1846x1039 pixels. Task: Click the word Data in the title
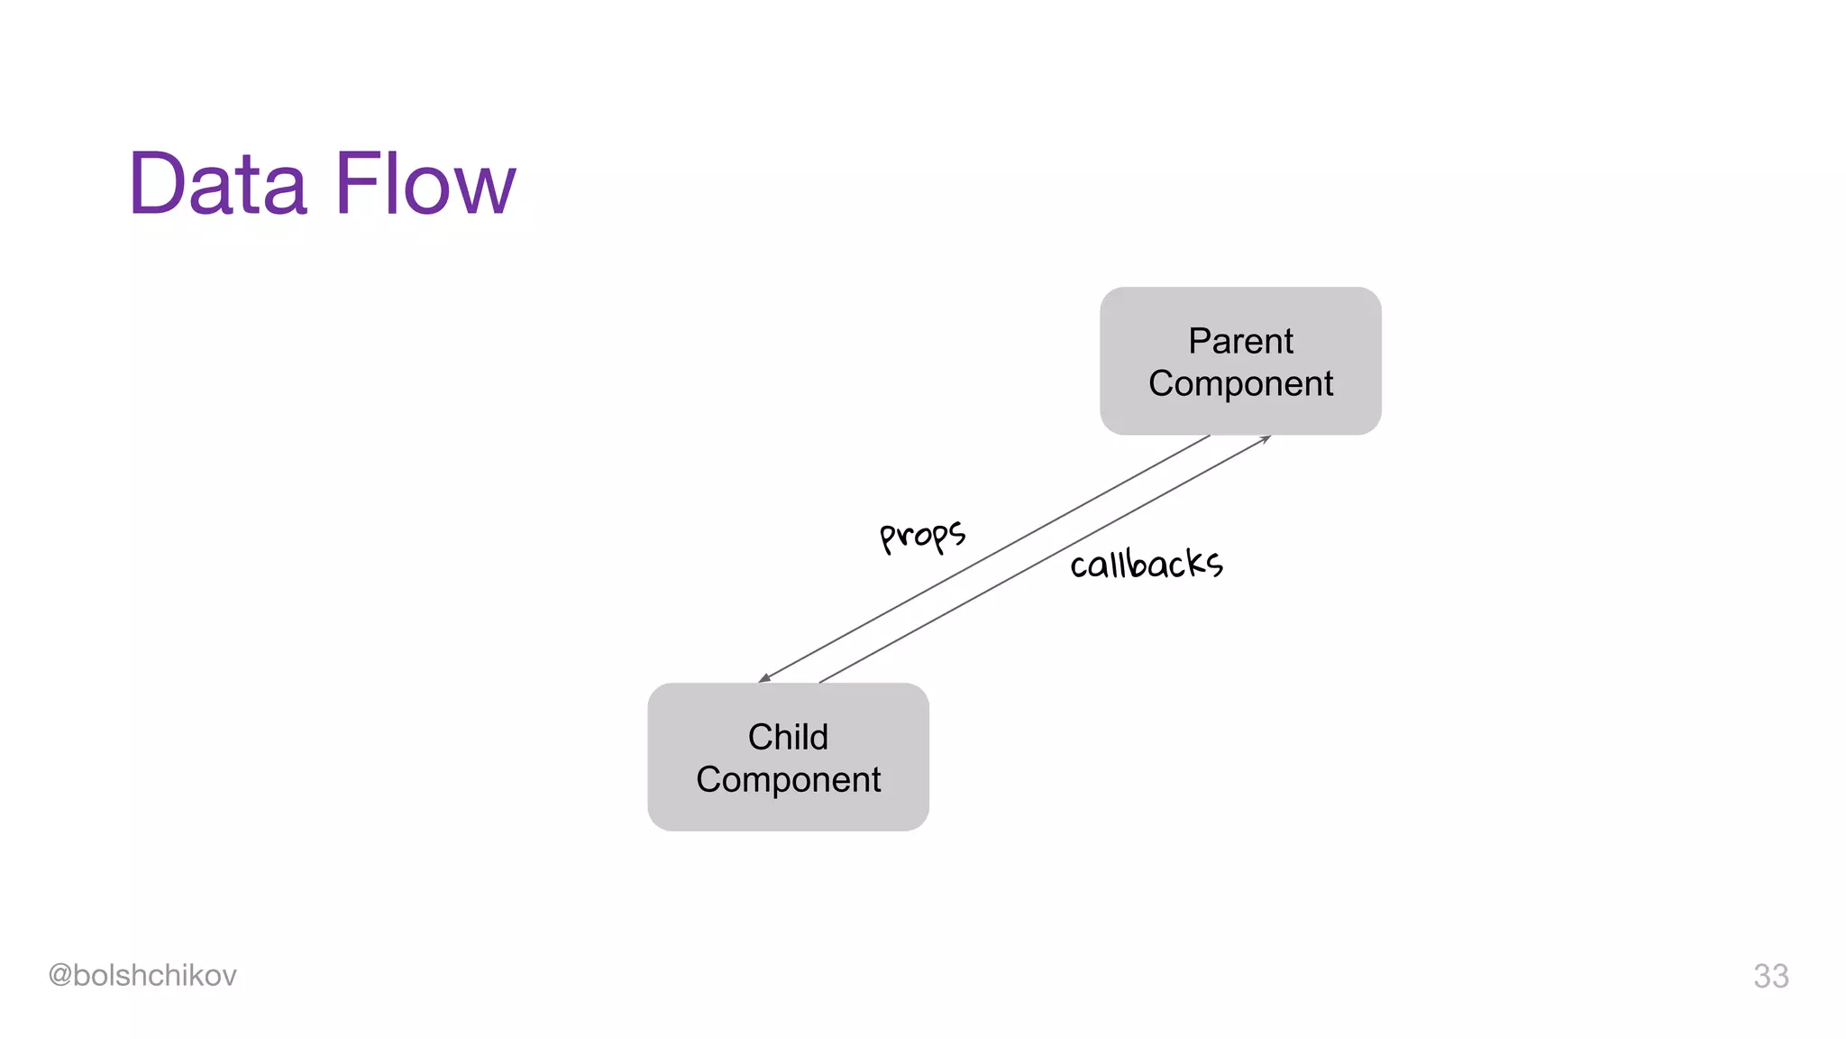click(x=218, y=184)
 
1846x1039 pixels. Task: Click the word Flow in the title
click(x=425, y=184)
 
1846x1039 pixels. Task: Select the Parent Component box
click(x=1239, y=361)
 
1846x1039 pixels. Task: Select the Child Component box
click(x=788, y=757)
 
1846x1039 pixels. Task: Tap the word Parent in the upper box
click(x=1240, y=341)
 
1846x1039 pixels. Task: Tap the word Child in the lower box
click(x=788, y=737)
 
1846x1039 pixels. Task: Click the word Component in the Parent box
click(x=1240, y=384)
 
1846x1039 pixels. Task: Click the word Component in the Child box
click(x=788, y=780)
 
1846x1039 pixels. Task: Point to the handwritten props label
click(x=923, y=535)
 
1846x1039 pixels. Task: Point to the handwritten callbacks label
click(x=1147, y=565)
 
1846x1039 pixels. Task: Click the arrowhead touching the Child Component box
click(x=764, y=677)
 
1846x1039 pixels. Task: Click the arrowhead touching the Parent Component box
click(x=1266, y=438)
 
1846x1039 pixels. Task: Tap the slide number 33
click(x=1770, y=976)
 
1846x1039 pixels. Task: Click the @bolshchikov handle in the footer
click(x=142, y=975)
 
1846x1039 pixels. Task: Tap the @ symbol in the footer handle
click(x=59, y=975)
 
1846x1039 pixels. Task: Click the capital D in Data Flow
click(x=159, y=184)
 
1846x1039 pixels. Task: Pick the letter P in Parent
click(x=1199, y=341)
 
